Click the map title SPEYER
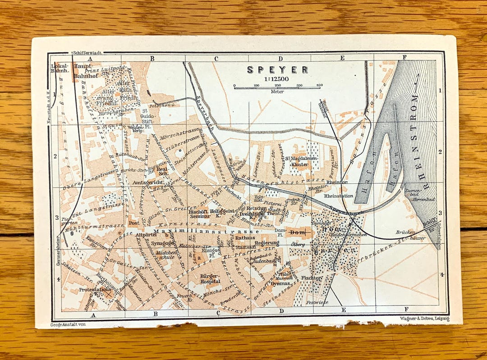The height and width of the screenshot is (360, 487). [278, 70]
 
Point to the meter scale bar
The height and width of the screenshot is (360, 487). [277, 87]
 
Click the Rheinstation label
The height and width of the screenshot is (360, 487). [338, 196]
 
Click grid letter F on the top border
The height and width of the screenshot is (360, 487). [404, 57]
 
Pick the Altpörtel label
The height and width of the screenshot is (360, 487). [146, 235]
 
